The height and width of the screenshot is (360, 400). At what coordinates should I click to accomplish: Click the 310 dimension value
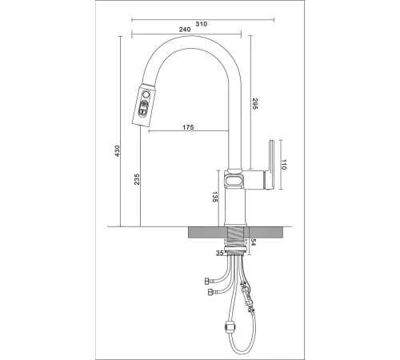pyautogui.click(x=202, y=24)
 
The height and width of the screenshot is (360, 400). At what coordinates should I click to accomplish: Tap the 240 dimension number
pyautogui.click(x=185, y=30)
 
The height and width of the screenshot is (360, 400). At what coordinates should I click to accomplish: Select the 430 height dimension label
pyautogui.click(x=117, y=151)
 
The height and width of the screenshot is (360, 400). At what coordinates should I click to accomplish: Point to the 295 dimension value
pyautogui.click(x=254, y=104)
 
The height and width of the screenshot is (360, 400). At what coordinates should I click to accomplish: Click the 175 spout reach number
pyautogui.click(x=188, y=127)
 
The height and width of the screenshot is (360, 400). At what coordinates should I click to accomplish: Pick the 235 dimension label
pyautogui.click(x=137, y=179)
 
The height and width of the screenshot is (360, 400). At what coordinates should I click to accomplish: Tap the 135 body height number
pyautogui.click(x=215, y=197)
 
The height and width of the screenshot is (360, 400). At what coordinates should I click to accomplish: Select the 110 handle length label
pyautogui.click(x=283, y=165)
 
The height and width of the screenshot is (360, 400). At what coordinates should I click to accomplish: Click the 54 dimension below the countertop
pyautogui.click(x=254, y=242)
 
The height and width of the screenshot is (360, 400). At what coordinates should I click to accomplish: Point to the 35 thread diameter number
pyautogui.click(x=220, y=253)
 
